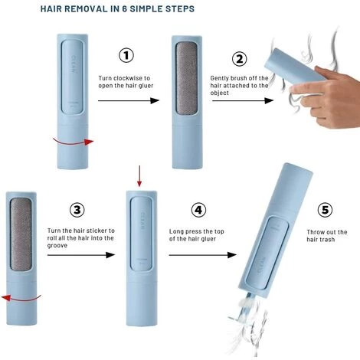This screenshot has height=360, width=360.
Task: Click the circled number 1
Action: pyautogui.click(x=126, y=55)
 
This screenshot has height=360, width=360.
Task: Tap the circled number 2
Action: pyautogui.click(x=239, y=59)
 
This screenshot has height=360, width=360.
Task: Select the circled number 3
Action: pyautogui.click(x=77, y=210)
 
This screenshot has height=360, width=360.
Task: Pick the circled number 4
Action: pyautogui.click(x=198, y=210)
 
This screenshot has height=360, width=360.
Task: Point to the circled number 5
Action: pyautogui.click(x=325, y=210)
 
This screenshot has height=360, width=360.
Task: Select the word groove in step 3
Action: pyautogui.click(x=57, y=246)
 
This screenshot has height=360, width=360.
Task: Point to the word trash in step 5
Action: pyautogui.click(x=326, y=240)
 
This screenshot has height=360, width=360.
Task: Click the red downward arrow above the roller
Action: pyautogui.click(x=139, y=176)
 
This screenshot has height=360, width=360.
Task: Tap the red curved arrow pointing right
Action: pyautogui.click(x=74, y=142)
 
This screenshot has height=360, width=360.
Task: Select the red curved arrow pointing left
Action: pyautogui.click(x=21, y=298)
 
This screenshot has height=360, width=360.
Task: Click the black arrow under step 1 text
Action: pyautogui.click(x=129, y=100)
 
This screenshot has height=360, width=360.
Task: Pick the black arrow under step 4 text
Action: pyautogui.click(x=202, y=255)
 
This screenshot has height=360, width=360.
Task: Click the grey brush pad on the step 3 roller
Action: pyautogui.click(x=21, y=234)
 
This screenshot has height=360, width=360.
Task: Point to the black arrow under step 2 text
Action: pyautogui.click(x=243, y=100)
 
